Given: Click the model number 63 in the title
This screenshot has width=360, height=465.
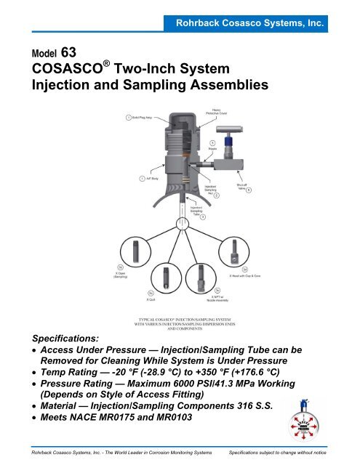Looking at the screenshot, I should [57, 51].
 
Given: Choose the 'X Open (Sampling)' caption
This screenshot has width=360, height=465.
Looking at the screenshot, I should [120, 275].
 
